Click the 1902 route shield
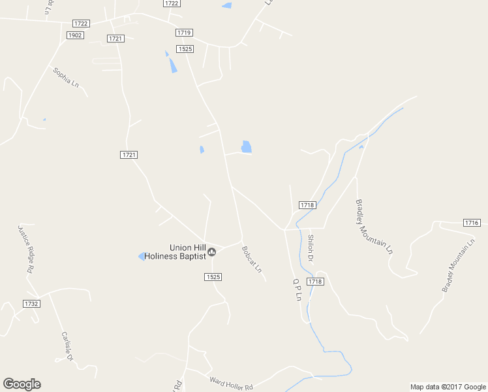click(75, 35)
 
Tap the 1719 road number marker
click(184, 32)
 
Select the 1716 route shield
click(472, 223)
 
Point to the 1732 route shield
click(31, 304)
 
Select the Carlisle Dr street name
click(67, 346)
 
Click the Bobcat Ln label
click(251, 259)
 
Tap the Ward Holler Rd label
click(231, 382)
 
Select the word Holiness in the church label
click(164, 256)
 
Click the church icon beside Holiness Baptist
click(211, 252)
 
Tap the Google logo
click(22, 384)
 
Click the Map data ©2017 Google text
click(447, 387)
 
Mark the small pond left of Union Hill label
click(141, 256)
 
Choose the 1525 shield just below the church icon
click(213, 277)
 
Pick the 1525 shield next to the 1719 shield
click(185, 49)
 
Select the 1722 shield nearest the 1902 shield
click(82, 24)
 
